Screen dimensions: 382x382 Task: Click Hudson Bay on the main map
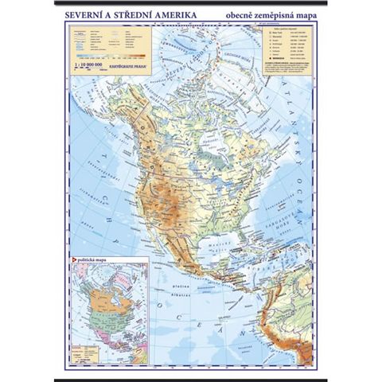(x=200, y=134)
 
